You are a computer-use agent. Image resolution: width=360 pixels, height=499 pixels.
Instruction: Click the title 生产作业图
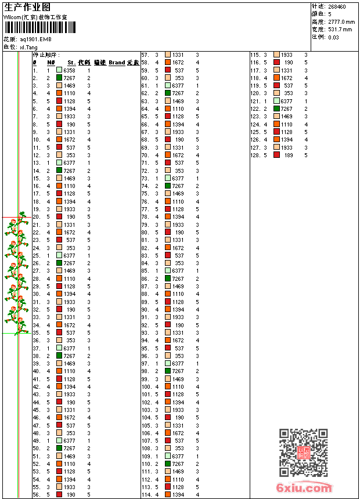tap(27, 7)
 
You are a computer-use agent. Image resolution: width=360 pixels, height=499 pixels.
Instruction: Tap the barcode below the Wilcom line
tap(35, 27)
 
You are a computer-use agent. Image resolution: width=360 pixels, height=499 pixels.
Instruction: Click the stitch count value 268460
tap(337, 7)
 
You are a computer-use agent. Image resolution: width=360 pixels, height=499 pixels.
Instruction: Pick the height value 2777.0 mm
tap(341, 21)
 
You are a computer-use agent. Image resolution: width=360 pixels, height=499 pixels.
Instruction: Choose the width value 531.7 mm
tap(340, 29)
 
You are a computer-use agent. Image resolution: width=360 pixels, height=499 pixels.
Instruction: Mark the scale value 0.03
tap(333, 37)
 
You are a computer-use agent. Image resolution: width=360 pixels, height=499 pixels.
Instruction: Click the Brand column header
tap(117, 62)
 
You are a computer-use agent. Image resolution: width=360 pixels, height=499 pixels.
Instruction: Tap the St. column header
tap(71, 62)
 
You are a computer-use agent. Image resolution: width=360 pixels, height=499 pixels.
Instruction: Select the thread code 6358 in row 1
tap(69, 70)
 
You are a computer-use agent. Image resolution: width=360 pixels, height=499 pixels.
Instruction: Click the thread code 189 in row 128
tap(289, 155)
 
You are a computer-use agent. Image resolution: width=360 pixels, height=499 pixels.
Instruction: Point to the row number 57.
tap(146, 55)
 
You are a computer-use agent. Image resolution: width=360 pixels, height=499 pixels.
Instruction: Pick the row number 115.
tap(255, 55)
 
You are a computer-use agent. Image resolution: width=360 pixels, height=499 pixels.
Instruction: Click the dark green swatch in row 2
tap(59, 77)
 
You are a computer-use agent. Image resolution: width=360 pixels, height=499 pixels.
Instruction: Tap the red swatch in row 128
tap(276, 155)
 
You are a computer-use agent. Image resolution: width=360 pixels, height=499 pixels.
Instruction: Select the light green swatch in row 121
tap(276, 101)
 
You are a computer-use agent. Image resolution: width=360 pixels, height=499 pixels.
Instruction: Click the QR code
tap(303, 453)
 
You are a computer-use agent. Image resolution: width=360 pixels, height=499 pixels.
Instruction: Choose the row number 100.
tap(146, 386)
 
